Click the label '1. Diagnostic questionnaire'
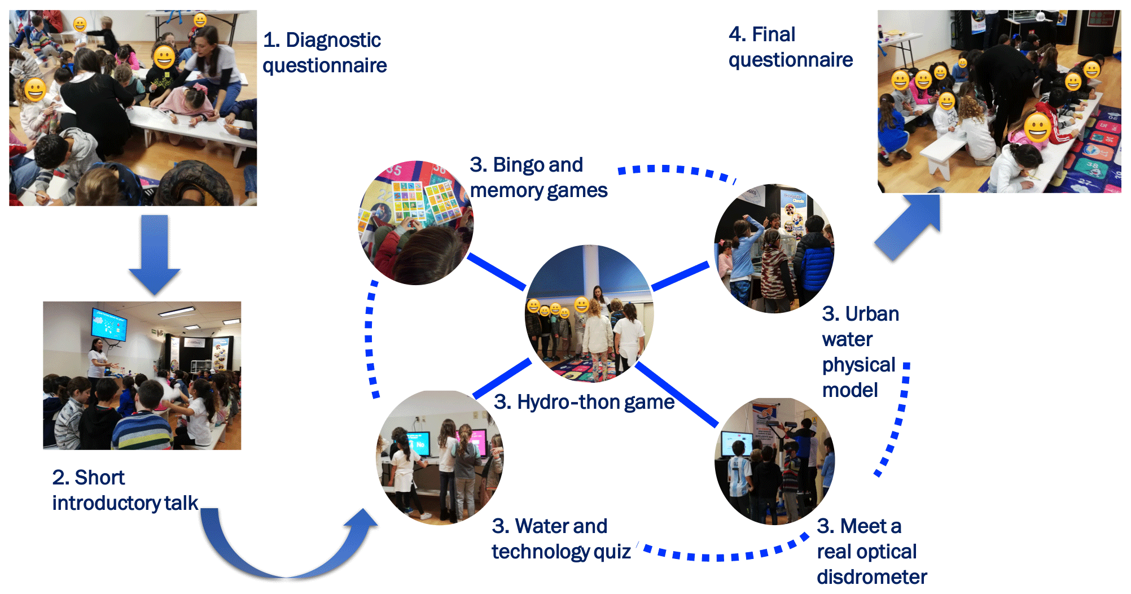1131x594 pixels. click(325, 53)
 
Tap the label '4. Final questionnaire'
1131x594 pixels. click(790, 47)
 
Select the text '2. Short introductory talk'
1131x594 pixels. click(125, 490)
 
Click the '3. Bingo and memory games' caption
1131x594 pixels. click(538, 178)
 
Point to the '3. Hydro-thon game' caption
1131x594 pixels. click(584, 402)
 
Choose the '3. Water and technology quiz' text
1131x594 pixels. click(561, 539)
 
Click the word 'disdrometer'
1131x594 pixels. click(871, 577)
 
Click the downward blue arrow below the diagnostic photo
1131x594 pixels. click(154, 254)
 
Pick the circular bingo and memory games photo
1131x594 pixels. click(417, 222)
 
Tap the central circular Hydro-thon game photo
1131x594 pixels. click(589, 314)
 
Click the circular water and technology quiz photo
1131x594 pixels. click(440, 457)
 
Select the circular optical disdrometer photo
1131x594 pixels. click(774, 461)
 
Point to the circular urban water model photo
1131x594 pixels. click(774, 248)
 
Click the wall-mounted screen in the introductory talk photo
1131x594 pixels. click(109, 324)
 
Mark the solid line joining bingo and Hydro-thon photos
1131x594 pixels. click(497, 272)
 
